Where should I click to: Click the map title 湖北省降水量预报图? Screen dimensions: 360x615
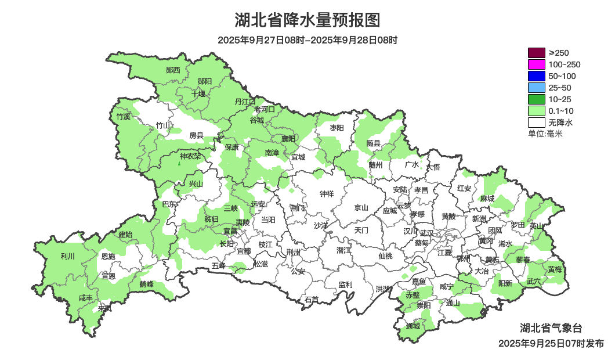tap(307, 20)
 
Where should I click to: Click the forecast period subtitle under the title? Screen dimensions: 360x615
tap(307, 40)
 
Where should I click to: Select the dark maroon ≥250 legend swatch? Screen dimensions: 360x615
tap(537, 53)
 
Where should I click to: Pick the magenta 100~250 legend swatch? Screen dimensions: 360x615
tap(537, 64)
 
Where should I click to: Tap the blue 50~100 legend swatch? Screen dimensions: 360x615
tap(537, 76)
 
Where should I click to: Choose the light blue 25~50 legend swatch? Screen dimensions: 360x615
tap(537, 88)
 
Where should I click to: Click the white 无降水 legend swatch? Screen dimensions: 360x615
tap(537, 123)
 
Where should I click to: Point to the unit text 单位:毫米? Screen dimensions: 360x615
tap(545, 134)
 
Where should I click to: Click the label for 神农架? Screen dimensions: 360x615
tap(190, 156)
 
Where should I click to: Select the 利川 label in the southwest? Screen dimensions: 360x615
tap(68, 256)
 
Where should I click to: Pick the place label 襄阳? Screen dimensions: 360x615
tap(288, 138)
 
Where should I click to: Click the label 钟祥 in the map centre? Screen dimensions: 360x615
tap(327, 194)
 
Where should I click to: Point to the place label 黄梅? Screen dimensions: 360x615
tap(554, 269)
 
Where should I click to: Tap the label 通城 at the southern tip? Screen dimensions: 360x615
tap(413, 326)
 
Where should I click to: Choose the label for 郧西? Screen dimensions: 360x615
tap(173, 70)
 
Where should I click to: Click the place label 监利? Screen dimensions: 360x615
tap(345, 285)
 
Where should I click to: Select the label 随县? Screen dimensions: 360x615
tap(374, 143)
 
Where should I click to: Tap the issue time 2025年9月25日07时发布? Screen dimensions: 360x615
tap(551, 343)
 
